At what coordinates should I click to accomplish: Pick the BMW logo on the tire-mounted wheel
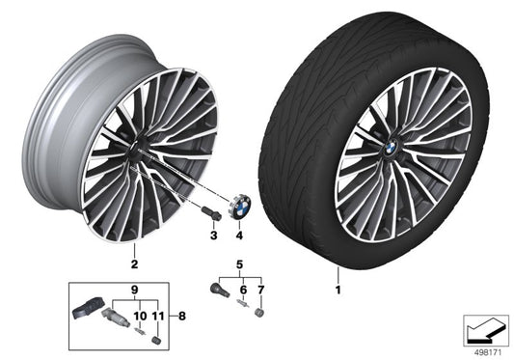(391, 145)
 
